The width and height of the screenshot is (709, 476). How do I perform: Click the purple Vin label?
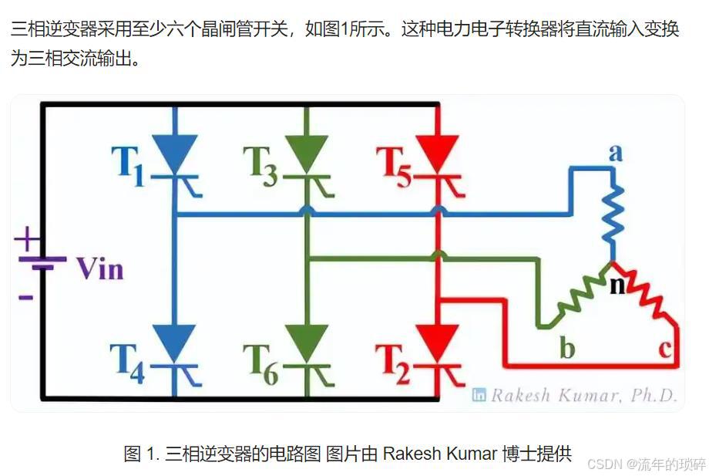(x=99, y=269)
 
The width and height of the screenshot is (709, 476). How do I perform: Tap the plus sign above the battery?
(x=27, y=238)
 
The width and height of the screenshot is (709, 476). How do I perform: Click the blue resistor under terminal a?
(x=614, y=220)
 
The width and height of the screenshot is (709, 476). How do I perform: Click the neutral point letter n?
(x=617, y=285)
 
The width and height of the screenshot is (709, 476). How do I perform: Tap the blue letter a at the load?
(x=615, y=153)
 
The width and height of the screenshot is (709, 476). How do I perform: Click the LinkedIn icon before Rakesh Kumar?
(x=479, y=396)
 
